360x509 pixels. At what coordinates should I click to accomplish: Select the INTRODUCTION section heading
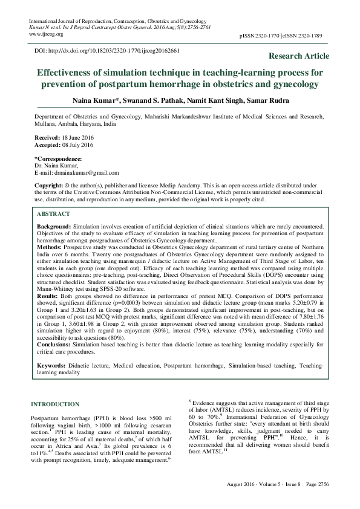(x=54, y=404)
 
